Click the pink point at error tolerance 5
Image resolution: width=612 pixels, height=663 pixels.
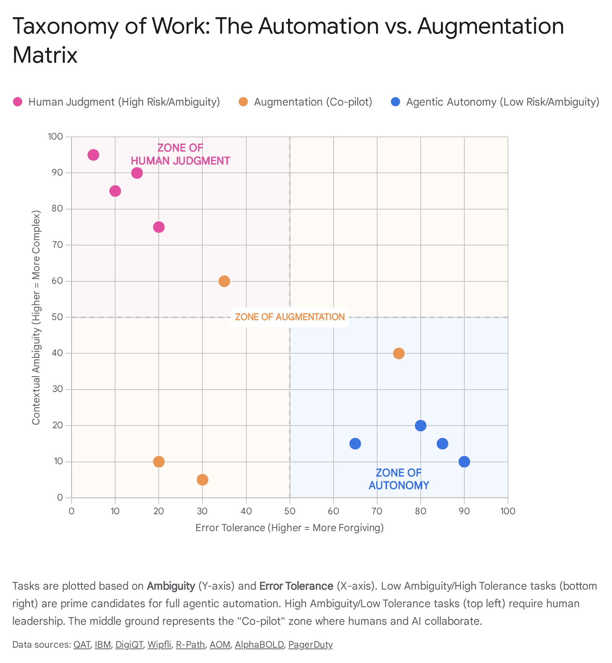[93, 155]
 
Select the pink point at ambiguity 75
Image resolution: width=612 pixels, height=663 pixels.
[159, 227]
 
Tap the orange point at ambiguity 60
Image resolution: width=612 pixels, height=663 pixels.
[224, 281]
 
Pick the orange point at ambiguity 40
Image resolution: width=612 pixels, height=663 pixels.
[399, 353]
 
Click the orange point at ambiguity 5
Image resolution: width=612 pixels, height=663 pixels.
[202, 479]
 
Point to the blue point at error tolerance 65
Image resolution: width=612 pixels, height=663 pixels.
[355, 444]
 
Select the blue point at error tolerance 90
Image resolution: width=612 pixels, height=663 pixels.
[464, 461]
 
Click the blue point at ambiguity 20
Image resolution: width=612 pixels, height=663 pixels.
[420, 426]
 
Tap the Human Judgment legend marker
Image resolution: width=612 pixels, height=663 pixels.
[18, 102]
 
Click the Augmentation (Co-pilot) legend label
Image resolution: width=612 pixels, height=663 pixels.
[313, 102]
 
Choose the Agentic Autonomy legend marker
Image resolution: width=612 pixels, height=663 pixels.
[396, 102]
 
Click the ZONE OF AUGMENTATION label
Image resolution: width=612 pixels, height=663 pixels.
[290, 317]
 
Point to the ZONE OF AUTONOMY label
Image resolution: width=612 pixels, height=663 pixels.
[399, 479]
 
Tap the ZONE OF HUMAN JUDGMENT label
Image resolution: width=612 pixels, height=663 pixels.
[181, 154]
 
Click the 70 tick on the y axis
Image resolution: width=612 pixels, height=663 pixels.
[57, 245]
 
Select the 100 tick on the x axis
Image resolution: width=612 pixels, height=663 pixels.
[508, 511]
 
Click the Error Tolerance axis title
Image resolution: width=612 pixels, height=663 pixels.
[290, 528]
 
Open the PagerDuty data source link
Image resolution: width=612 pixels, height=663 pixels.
[310, 645]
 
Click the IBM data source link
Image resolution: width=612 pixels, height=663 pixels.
[103, 645]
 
